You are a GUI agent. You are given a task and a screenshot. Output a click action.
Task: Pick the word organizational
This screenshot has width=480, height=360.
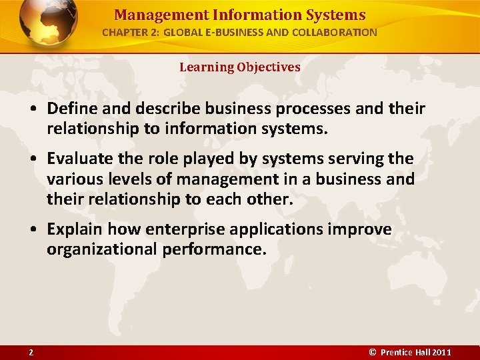tap(99, 250)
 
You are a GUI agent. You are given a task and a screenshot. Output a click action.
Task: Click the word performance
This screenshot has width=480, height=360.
tap(212, 250)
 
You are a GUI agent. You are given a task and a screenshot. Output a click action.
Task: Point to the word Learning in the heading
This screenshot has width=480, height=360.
tap(206, 67)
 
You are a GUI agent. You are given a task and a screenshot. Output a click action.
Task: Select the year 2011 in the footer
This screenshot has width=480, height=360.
tap(441, 352)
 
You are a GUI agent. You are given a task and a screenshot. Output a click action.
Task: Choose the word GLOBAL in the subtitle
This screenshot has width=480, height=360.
tap(182, 32)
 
